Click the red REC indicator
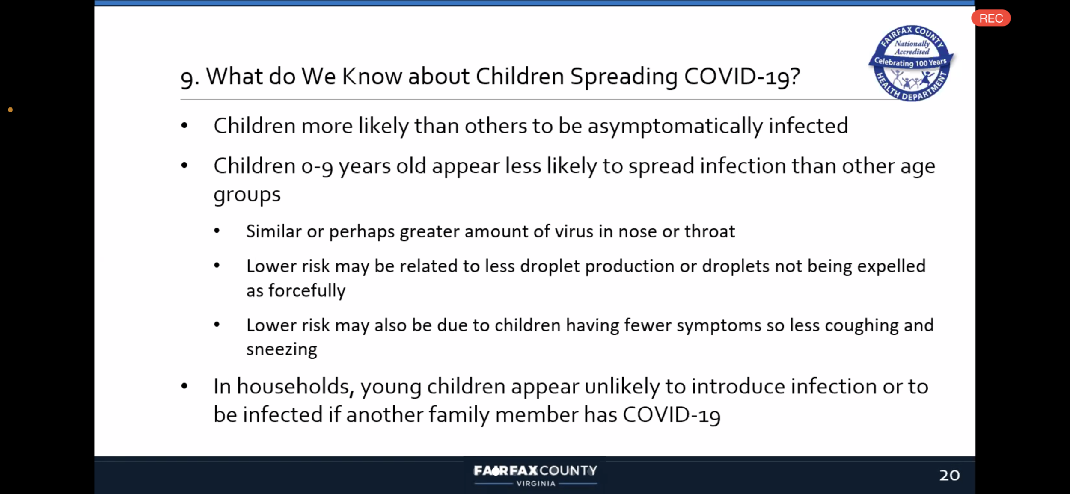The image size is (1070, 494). (991, 18)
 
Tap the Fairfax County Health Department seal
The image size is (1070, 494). (911, 63)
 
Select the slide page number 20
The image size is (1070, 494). (950, 475)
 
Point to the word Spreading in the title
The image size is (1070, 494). (624, 77)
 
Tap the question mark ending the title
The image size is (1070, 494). (795, 76)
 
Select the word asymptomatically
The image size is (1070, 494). (675, 127)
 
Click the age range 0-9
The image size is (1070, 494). (317, 166)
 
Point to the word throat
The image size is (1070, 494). (710, 231)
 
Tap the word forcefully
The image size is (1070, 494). (306, 291)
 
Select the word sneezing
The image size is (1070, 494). (282, 350)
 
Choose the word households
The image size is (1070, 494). (295, 387)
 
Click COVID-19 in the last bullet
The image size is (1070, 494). (672, 415)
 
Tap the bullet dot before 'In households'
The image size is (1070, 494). (184, 386)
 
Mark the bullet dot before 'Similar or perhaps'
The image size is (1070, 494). (217, 231)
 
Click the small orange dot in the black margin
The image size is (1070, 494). (10, 110)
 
